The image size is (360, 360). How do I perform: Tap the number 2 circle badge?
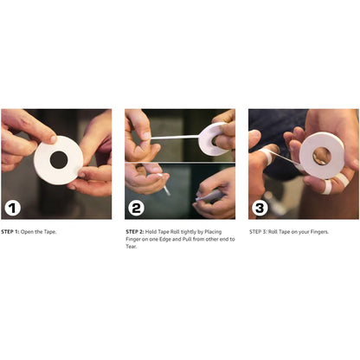point(138,207)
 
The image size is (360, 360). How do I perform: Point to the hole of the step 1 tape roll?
point(58,160)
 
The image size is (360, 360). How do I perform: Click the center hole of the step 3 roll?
point(320,156)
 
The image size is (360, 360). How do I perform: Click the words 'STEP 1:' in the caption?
point(12,232)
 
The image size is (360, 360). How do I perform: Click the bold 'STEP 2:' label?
point(136,232)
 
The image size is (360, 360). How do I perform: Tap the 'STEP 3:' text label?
point(260,232)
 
